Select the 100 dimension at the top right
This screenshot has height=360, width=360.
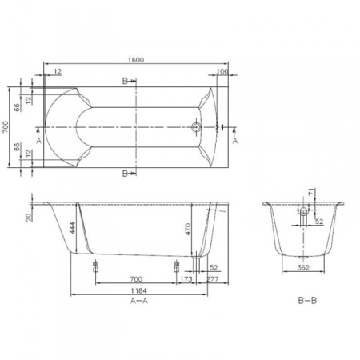click(222, 73)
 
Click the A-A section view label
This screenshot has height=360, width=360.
click(137, 302)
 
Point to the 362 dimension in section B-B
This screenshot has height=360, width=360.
click(302, 269)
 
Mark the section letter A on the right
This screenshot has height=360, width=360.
click(235, 140)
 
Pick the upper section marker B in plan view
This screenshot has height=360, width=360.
click(125, 82)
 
